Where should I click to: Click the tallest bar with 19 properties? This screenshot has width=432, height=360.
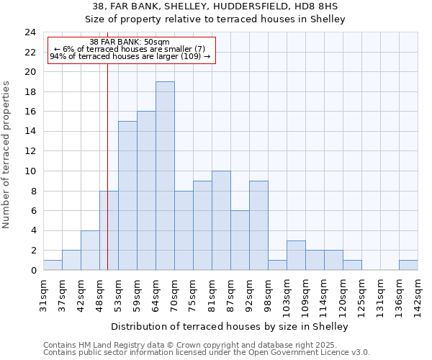click(165, 176)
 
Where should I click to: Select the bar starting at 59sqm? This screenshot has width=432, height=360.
click(146, 191)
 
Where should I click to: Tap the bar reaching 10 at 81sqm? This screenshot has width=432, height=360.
click(221, 220)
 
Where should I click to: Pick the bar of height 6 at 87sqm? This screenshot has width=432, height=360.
click(240, 240)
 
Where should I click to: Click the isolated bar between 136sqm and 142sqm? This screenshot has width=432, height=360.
click(408, 265)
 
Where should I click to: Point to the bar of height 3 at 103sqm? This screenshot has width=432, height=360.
click(296, 256)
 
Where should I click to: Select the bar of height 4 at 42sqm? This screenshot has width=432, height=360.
click(90, 251)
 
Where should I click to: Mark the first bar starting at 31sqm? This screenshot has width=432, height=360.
click(53, 265)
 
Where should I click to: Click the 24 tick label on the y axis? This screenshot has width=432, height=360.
click(30, 32)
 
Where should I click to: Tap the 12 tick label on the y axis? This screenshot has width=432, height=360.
click(30, 151)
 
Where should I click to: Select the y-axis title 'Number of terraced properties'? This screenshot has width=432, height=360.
click(6, 155)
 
